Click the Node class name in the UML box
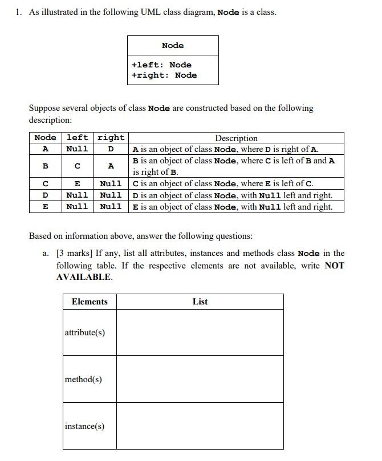(x=173, y=45)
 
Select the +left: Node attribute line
(x=161, y=65)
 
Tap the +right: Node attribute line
(x=164, y=75)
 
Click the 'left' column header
(x=78, y=138)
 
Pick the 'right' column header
(x=111, y=138)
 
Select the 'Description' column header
(x=236, y=138)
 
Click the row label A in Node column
(x=45, y=149)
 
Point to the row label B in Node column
(x=45, y=166)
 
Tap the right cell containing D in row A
(x=111, y=149)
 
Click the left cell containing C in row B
(x=78, y=166)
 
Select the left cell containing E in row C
(x=78, y=183)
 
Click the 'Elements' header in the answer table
(x=90, y=302)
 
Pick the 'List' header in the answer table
(x=200, y=302)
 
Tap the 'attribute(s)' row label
(x=85, y=332)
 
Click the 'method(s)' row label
(x=83, y=379)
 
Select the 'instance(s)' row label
(x=84, y=426)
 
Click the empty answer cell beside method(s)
(x=200, y=379)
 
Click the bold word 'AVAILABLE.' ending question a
(x=84, y=277)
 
